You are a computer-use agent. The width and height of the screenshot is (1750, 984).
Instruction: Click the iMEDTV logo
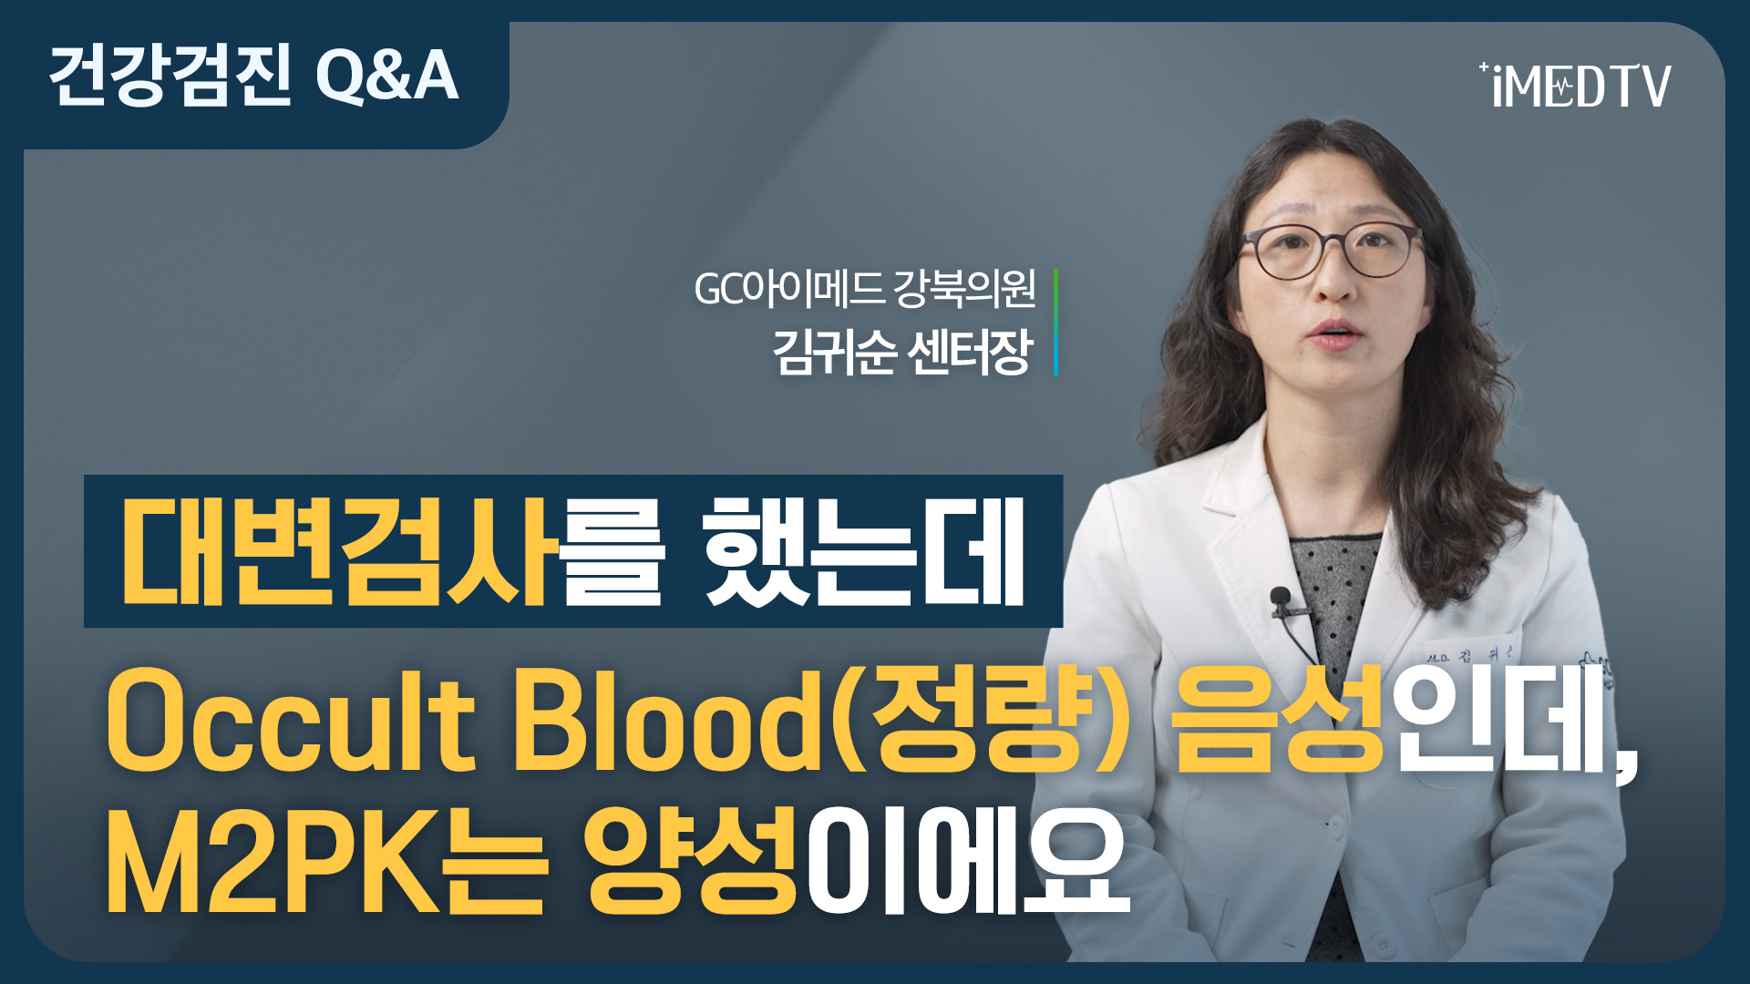point(1575,85)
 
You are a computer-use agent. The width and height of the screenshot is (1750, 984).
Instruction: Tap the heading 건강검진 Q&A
point(252,75)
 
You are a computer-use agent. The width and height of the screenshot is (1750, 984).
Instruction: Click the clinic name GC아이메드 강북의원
point(865,289)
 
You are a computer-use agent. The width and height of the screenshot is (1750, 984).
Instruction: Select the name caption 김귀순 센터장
point(902,351)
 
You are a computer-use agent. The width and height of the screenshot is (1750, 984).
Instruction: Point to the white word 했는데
point(865,551)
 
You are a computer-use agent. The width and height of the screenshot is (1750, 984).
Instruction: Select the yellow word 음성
point(1279,720)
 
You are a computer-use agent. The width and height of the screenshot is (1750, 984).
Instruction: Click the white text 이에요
point(968,861)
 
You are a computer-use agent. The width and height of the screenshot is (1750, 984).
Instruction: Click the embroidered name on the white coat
point(1467,653)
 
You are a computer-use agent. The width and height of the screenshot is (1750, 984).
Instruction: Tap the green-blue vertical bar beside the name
point(1055,322)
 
